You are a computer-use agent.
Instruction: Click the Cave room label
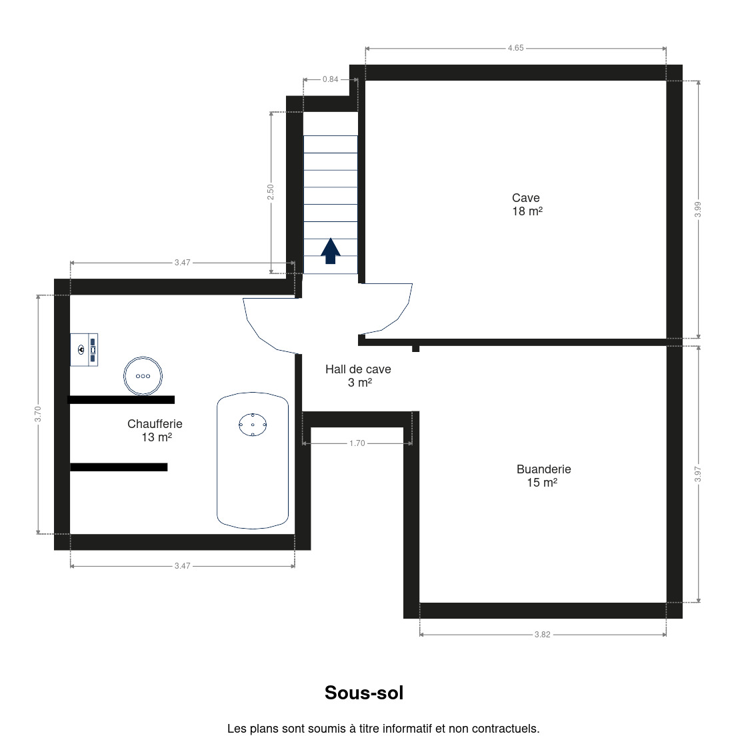[527, 205]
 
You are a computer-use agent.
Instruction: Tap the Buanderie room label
[543, 476]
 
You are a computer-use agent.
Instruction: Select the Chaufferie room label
[155, 431]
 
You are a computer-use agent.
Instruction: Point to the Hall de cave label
[358, 376]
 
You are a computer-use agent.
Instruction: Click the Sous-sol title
[364, 693]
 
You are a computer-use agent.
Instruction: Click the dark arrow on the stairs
[331, 251]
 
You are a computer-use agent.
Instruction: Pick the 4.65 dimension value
[515, 48]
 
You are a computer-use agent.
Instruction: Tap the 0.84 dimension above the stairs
[331, 79]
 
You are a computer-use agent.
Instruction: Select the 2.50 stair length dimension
[271, 192]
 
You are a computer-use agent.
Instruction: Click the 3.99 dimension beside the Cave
[698, 209]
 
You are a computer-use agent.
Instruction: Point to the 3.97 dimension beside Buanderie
[698, 474]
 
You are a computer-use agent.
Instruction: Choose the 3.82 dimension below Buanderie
[542, 635]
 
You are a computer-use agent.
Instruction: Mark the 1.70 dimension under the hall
[357, 443]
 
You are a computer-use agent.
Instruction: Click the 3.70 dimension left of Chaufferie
[37, 414]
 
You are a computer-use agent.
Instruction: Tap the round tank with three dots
[143, 376]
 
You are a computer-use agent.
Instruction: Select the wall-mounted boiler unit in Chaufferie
[84, 350]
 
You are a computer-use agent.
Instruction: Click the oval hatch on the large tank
[253, 425]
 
